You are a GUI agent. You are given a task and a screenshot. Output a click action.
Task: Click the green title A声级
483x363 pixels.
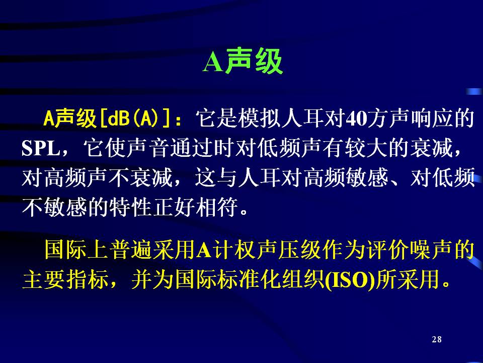[243, 61]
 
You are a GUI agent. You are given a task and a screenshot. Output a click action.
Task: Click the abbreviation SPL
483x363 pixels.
[41, 148]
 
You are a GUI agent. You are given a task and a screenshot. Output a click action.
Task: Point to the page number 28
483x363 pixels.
[437, 339]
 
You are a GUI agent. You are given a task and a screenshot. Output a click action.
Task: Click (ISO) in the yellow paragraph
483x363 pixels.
[350, 280]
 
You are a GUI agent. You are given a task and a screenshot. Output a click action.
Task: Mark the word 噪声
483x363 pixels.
[431, 250]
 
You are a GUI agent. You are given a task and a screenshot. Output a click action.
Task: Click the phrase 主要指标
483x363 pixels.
[65, 280]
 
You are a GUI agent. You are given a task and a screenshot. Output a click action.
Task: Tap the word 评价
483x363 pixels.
[388, 250]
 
